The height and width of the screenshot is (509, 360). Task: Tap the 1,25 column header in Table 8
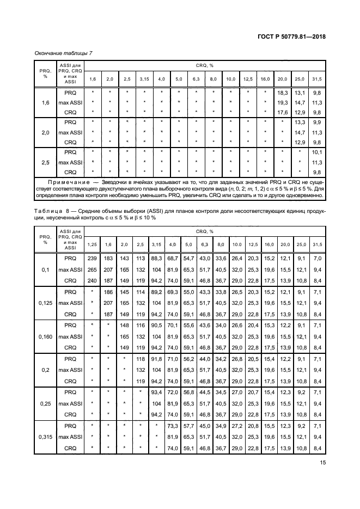point(93,244)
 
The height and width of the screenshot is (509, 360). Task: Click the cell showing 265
point(93,268)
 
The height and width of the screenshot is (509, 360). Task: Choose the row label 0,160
point(42,337)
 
